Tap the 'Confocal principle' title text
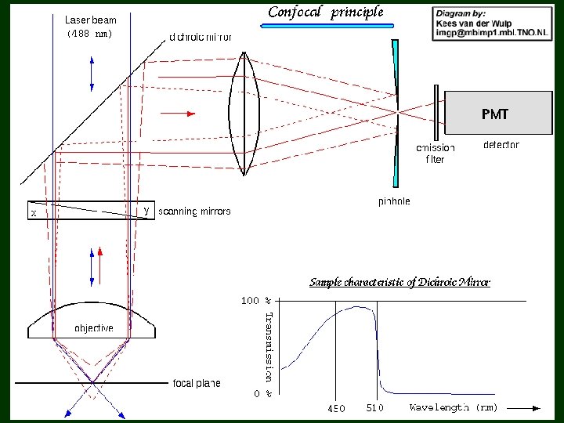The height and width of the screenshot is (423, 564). pyautogui.click(x=326, y=12)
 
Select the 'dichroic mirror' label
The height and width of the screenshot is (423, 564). pyautogui.click(x=201, y=36)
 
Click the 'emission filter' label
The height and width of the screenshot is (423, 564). pyautogui.click(x=435, y=154)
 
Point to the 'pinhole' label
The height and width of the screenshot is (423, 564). pyautogui.click(x=394, y=201)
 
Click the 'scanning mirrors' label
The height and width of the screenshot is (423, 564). pyautogui.click(x=194, y=211)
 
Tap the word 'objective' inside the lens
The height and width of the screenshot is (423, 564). pyautogui.click(x=93, y=327)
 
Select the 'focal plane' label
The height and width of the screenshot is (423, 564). pyautogui.click(x=197, y=383)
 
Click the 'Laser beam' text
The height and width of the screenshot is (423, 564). pyautogui.click(x=89, y=20)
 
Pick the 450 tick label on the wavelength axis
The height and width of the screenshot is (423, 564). pyautogui.click(x=335, y=408)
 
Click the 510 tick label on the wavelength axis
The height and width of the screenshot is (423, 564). pyautogui.click(x=375, y=408)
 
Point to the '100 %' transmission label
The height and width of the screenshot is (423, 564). pyautogui.click(x=255, y=300)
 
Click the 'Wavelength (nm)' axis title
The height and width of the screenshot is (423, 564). pyautogui.click(x=453, y=407)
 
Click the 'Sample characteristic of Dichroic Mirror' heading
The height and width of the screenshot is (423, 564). pyautogui.click(x=399, y=282)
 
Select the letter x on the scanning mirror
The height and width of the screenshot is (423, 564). pyautogui.click(x=33, y=212)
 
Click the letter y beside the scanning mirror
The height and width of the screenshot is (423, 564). pyautogui.click(x=146, y=210)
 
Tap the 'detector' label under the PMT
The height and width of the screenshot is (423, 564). pyautogui.click(x=501, y=145)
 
